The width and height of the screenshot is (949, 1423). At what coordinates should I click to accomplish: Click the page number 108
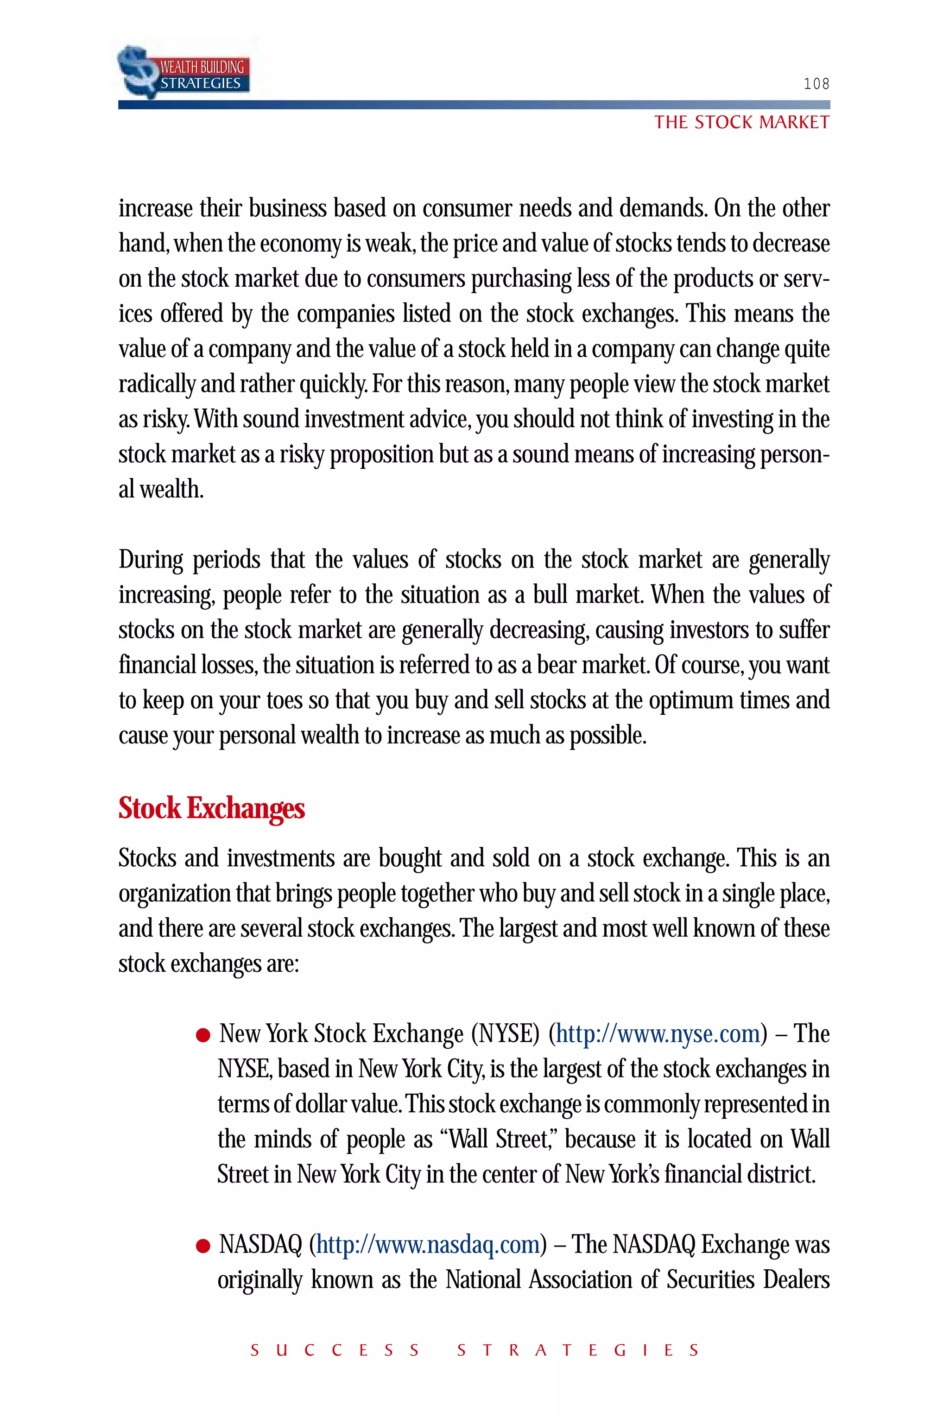816,83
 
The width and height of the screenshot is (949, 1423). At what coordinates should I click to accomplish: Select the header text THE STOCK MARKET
741,123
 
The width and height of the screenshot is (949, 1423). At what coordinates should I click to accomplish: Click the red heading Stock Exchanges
211,808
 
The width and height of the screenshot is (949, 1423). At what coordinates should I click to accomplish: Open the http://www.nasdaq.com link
427,1245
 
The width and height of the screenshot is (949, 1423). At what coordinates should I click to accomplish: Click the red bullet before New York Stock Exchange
203,1036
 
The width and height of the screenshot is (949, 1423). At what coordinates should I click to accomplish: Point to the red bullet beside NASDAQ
203,1247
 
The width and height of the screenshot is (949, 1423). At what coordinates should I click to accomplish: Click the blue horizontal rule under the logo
474,105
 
